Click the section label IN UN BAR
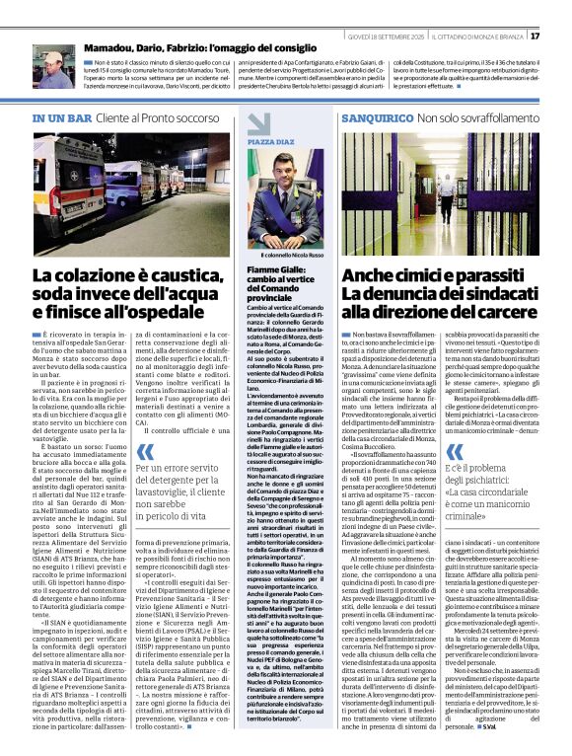[x=63, y=118]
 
